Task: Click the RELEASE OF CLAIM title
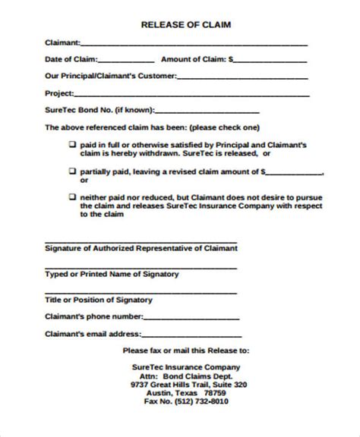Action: (x=186, y=25)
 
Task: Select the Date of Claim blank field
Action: (x=126, y=60)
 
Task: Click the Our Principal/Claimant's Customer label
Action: (x=111, y=75)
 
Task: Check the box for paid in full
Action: (x=72, y=143)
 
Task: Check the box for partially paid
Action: (x=72, y=171)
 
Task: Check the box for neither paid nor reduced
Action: (x=72, y=196)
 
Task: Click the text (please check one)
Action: (x=223, y=127)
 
